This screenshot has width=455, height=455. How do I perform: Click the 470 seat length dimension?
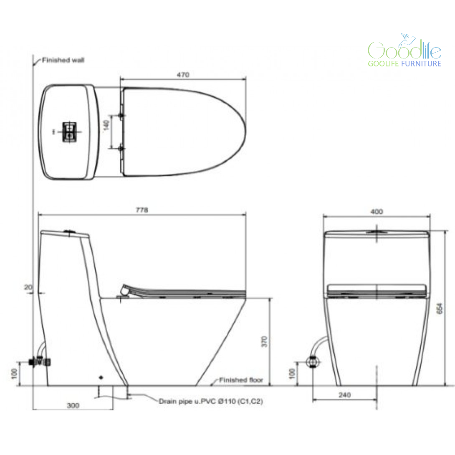click(183, 75)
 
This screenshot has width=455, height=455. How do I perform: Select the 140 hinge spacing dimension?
click(106, 125)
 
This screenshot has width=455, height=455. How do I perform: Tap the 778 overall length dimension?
click(142, 210)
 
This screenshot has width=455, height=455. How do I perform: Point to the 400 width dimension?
click(377, 212)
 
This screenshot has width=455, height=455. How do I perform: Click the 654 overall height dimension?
click(440, 308)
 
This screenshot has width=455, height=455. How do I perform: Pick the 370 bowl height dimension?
click(264, 341)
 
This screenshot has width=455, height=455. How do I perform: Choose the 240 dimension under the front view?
click(345, 395)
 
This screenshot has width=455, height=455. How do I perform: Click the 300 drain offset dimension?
click(73, 405)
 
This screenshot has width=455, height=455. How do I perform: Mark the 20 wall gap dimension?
click(28, 287)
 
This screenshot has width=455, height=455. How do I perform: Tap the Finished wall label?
click(63, 60)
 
